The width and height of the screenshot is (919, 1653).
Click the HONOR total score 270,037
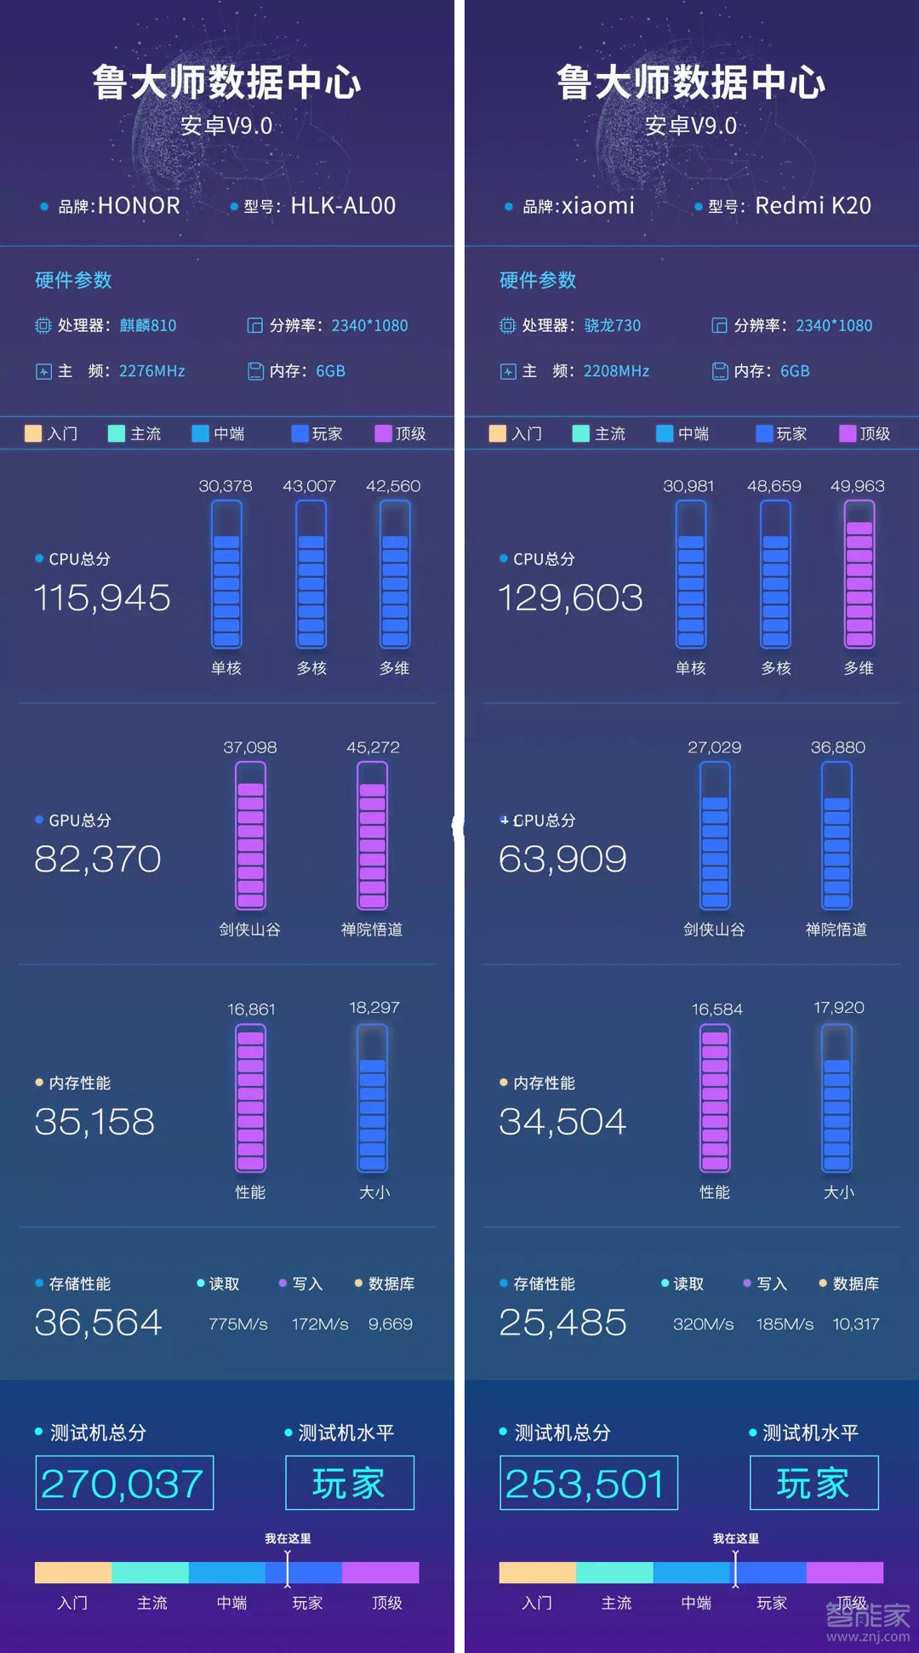(123, 1484)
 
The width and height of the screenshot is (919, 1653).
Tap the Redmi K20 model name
(813, 206)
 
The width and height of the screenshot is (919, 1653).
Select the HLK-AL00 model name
(343, 206)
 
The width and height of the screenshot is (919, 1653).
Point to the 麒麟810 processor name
(148, 325)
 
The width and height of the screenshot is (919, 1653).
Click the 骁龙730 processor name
(612, 325)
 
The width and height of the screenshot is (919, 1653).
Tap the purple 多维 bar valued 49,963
(859, 574)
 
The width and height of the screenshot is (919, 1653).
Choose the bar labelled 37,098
(250, 835)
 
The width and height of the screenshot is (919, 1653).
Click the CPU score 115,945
(102, 598)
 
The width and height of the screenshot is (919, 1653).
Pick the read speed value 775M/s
(238, 1324)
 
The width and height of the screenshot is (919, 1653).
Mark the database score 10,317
(856, 1324)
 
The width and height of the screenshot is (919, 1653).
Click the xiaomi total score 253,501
(586, 1484)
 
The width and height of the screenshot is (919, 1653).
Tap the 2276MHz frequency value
(152, 371)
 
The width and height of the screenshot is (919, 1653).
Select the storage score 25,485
(562, 1323)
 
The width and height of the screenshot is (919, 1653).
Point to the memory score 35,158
(94, 1122)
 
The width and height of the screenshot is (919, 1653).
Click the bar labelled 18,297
(373, 1098)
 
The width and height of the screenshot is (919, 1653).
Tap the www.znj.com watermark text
(868, 1637)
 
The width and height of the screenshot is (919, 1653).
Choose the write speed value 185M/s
(785, 1324)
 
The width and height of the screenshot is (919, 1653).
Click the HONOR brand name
(139, 206)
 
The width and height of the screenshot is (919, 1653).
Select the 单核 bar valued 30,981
(690, 574)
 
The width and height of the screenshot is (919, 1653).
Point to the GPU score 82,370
(98, 860)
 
